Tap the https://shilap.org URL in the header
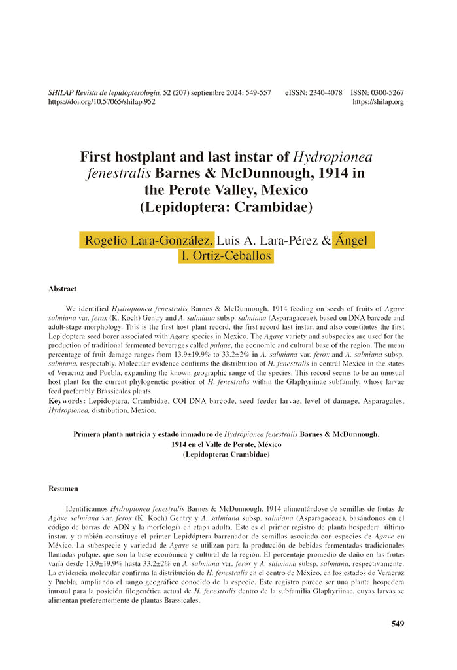(378, 102)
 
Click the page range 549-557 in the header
(257, 93)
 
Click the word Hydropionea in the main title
(333, 157)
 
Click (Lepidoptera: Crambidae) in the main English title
(228, 208)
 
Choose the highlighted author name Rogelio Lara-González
(148, 239)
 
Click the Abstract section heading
(62, 289)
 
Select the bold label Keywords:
(67, 400)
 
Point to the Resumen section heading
(63, 488)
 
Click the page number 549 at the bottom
(398, 624)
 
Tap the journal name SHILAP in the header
(63, 93)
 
